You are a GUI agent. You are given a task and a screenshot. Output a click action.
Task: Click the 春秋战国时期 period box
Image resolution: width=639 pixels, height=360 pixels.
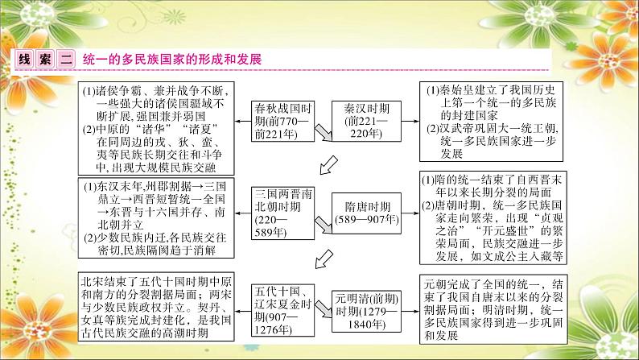pos(282,121)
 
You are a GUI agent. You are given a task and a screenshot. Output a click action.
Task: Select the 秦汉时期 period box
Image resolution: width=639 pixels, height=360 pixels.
pos(366,121)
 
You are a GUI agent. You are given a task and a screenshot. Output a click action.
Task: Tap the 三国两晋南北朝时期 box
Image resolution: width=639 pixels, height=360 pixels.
pos(282,213)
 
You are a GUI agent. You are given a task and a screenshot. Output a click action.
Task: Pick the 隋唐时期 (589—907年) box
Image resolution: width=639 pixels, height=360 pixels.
pos(366,213)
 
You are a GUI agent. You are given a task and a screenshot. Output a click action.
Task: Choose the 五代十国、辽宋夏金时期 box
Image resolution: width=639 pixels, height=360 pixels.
pos(282,310)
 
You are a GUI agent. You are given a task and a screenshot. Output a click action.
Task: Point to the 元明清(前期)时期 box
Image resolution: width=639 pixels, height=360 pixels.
pos(366,312)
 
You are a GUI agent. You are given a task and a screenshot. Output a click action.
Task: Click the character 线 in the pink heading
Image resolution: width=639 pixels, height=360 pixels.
pos(24,60)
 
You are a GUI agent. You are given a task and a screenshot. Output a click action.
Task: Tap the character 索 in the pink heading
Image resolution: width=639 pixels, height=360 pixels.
pos(45,60)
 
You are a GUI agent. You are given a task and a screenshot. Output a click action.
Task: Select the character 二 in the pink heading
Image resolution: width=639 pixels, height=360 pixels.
pos(66,60)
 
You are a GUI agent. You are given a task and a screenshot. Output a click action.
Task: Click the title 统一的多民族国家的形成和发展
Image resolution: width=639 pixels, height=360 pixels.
pos(172,60)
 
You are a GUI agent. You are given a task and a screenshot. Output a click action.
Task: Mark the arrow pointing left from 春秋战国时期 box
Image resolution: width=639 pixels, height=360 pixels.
pos(243,121)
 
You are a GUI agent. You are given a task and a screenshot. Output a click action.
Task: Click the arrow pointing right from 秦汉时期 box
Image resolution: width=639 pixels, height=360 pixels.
pos(410,121)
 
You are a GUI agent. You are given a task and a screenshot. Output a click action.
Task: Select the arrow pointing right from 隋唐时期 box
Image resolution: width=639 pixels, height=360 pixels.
pos(410,213)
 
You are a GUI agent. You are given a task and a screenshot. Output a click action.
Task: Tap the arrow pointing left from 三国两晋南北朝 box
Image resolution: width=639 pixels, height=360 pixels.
pos(243,213)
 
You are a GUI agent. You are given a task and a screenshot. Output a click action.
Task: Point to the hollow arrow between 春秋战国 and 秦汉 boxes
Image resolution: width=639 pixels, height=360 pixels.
pos(324,133)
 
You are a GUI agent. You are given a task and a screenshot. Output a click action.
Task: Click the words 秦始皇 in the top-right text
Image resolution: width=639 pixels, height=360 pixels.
pos(460,90)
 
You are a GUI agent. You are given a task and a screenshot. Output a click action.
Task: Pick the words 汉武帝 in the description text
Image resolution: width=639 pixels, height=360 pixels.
pos(460,128)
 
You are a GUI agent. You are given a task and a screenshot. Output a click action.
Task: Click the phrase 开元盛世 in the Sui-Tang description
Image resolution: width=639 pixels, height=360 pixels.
pos(505,231)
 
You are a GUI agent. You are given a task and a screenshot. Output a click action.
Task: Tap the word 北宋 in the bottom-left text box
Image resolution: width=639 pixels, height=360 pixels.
pos(93,282)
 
